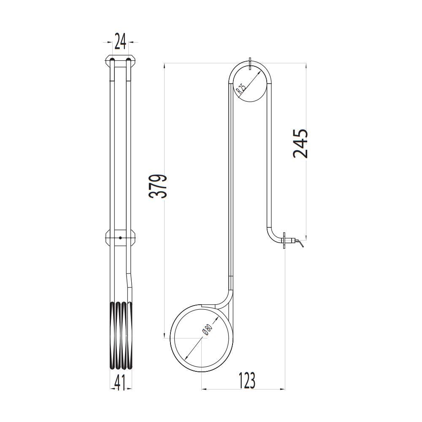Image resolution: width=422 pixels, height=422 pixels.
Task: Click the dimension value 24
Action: tap(120, 42)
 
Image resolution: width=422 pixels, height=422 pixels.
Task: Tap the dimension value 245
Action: tap(300, 143)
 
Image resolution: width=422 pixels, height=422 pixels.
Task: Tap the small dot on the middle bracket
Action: tap(120, 238)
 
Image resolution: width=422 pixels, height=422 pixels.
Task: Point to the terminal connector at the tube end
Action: tap(298, 243)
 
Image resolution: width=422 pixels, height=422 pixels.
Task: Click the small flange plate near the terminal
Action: tap(285, 241)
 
